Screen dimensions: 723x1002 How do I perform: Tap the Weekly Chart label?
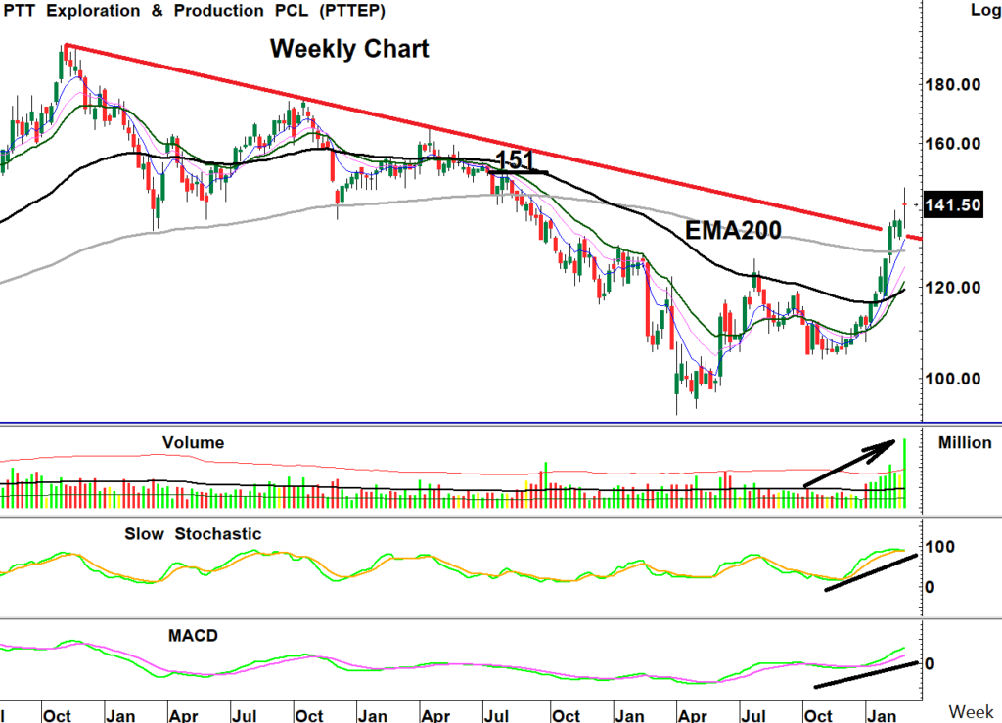pyautogui.click(x=349, y=48)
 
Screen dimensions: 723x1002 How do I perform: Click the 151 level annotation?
pyautogui.click(x=515, y=159)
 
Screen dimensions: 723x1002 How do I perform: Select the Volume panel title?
pyautogui.click(x=193, y=443)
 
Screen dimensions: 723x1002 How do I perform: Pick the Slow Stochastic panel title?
pyautogui.click(x=193, y=534)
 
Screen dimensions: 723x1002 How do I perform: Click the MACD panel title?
pyautogui.click(x=192, y=635)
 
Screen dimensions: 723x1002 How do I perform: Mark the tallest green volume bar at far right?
pyautogui.click(x=906, y=474)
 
